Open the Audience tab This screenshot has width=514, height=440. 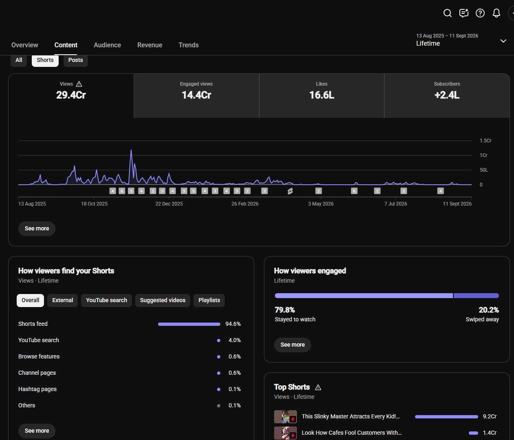click(107, 45)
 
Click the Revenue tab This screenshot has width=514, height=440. click(150, 45)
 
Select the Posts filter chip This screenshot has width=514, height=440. click(76, 60)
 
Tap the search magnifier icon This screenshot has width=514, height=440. click(447, 13)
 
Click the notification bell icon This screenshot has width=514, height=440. click(496, 13)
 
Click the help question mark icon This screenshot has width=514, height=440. click(480, 13)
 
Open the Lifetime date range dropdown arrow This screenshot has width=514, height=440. click(503, 41)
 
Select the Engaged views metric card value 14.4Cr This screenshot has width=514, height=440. click(196, 95)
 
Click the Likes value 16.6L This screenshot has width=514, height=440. click(321, 95)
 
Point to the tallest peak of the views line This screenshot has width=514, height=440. click(131, 150)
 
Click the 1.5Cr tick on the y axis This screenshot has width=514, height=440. click(485, 141)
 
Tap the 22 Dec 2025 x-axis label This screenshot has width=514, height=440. click(169, 204)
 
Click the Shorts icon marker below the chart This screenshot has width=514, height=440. click(290, 191)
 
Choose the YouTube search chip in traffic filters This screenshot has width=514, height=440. click(106, 300)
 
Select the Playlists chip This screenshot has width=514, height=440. click(209, 300)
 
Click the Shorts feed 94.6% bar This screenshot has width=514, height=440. click(189, 324)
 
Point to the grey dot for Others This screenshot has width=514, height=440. click(219, 406)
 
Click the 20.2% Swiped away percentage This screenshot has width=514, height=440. click(489, 310)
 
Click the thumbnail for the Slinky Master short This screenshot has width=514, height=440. click(285, 417)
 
